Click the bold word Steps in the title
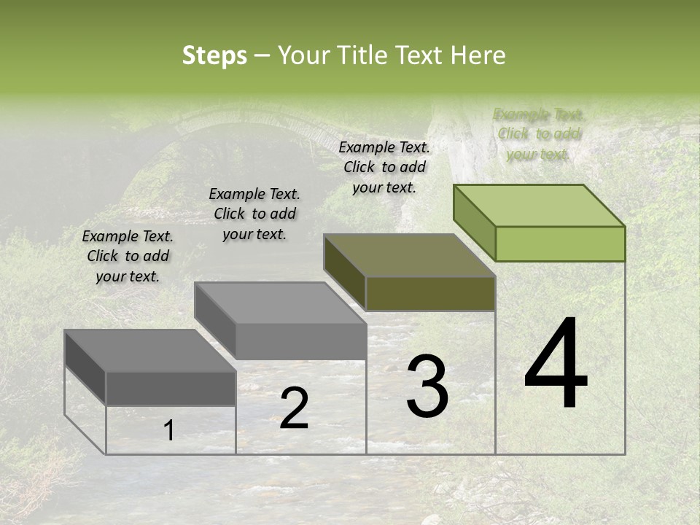214,55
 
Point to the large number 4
556,365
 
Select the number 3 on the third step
427,386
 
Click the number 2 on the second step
294,408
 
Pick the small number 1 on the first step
168,430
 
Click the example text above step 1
128,256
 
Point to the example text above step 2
254,214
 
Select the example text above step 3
384,167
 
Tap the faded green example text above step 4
539,133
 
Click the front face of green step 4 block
560,244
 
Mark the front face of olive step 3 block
430,294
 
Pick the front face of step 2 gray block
300,341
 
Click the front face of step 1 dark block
171,388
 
